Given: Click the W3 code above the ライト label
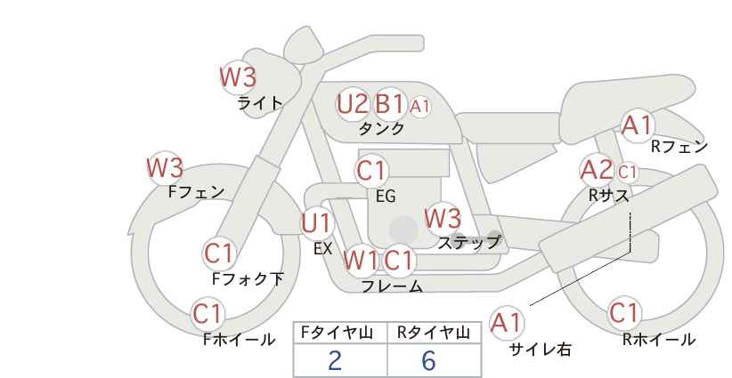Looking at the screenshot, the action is click(x=238, y=76).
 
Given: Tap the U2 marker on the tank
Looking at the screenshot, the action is click(x=353, y=103).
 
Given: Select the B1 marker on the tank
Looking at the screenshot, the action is click(x=389, y=103).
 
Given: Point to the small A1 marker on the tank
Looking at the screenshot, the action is click(x=419, y=107).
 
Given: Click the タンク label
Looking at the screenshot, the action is click(x=381, y=128).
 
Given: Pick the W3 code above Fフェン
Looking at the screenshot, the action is click(x=165, y=167).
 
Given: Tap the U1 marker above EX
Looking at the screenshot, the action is click(x=316, y=223).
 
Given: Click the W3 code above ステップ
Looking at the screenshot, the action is click(x=443, y=218).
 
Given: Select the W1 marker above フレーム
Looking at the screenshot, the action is click(x=361, y=260).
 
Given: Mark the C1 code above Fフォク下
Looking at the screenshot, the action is click(x=218, y=253).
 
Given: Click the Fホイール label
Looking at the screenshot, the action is click(x=239, y=340).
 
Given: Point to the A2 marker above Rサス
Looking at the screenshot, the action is click(x=596, y=170).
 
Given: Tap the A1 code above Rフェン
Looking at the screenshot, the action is click(x=637, y=125).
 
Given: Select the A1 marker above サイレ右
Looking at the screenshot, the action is click(x=506, y=322).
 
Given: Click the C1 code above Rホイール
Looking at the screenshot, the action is click(x=623, y=312).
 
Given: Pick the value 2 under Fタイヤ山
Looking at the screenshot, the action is click(x=334, y=360).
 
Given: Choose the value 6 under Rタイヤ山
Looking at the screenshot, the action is click(x=428, y=360).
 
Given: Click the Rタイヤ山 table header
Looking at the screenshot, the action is click(x=434, y=333).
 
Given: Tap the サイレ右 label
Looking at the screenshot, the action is click(x=541, y=350).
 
